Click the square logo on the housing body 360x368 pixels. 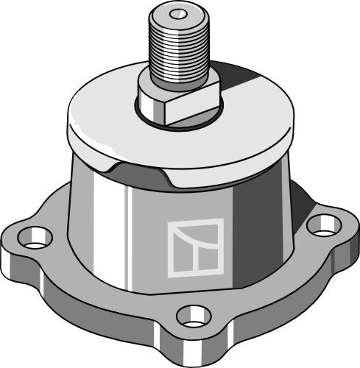(195, 247)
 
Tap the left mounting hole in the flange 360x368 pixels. (35, 238)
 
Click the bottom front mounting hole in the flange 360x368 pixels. (193, 316)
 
